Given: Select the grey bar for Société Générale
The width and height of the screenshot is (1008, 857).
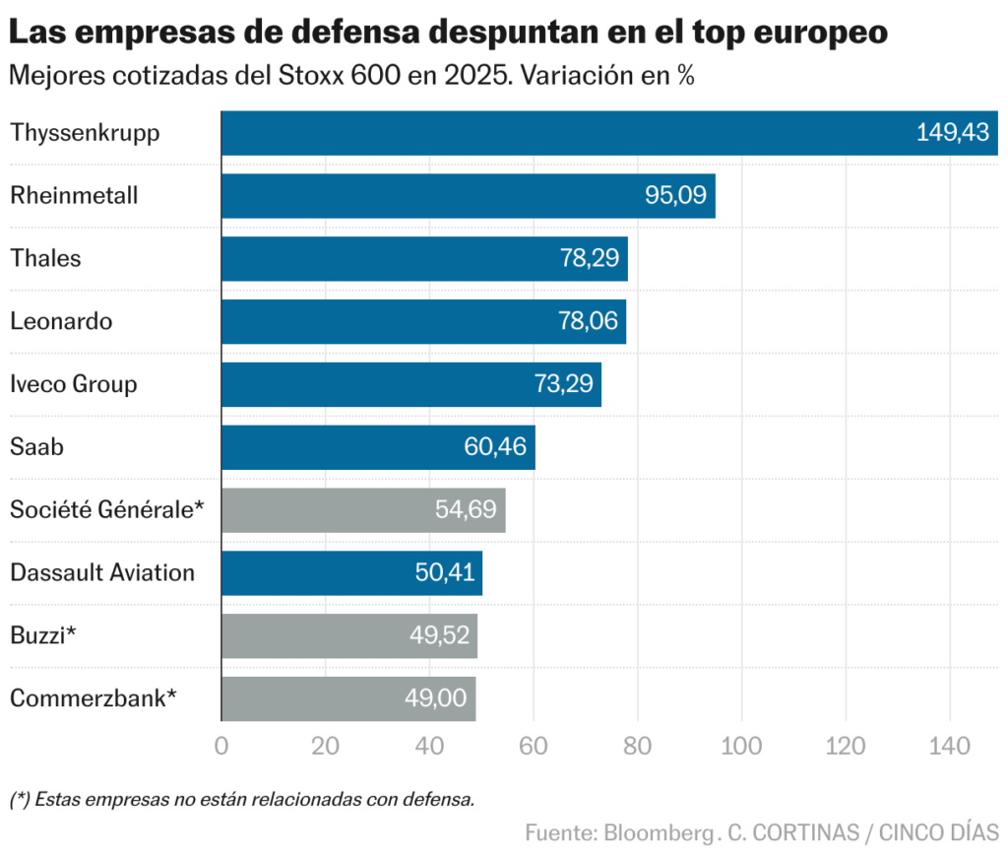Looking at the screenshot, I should coord(363,510).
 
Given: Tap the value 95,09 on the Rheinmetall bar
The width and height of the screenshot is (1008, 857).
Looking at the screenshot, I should coord(675,195).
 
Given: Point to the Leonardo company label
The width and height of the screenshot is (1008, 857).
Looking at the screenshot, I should coord(61,321).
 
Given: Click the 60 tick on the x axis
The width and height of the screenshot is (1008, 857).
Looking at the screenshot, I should coord(534,746).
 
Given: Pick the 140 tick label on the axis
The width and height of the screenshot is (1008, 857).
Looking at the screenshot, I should coord(950,746).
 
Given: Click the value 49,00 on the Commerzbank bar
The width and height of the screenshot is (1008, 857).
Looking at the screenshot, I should coord(435,698).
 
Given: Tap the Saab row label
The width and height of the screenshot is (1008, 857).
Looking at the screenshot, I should coord(36,447).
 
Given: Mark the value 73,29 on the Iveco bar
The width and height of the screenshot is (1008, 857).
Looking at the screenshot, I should coord(562,384).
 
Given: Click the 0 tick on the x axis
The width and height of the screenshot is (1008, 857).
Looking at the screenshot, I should coord(221,746).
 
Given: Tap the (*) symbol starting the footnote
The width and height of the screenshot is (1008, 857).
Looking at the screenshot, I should coord(20,799).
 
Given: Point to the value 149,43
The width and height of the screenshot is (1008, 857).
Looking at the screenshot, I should coord(952,133).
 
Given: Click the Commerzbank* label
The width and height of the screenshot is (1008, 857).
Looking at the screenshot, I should coord(94,698).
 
